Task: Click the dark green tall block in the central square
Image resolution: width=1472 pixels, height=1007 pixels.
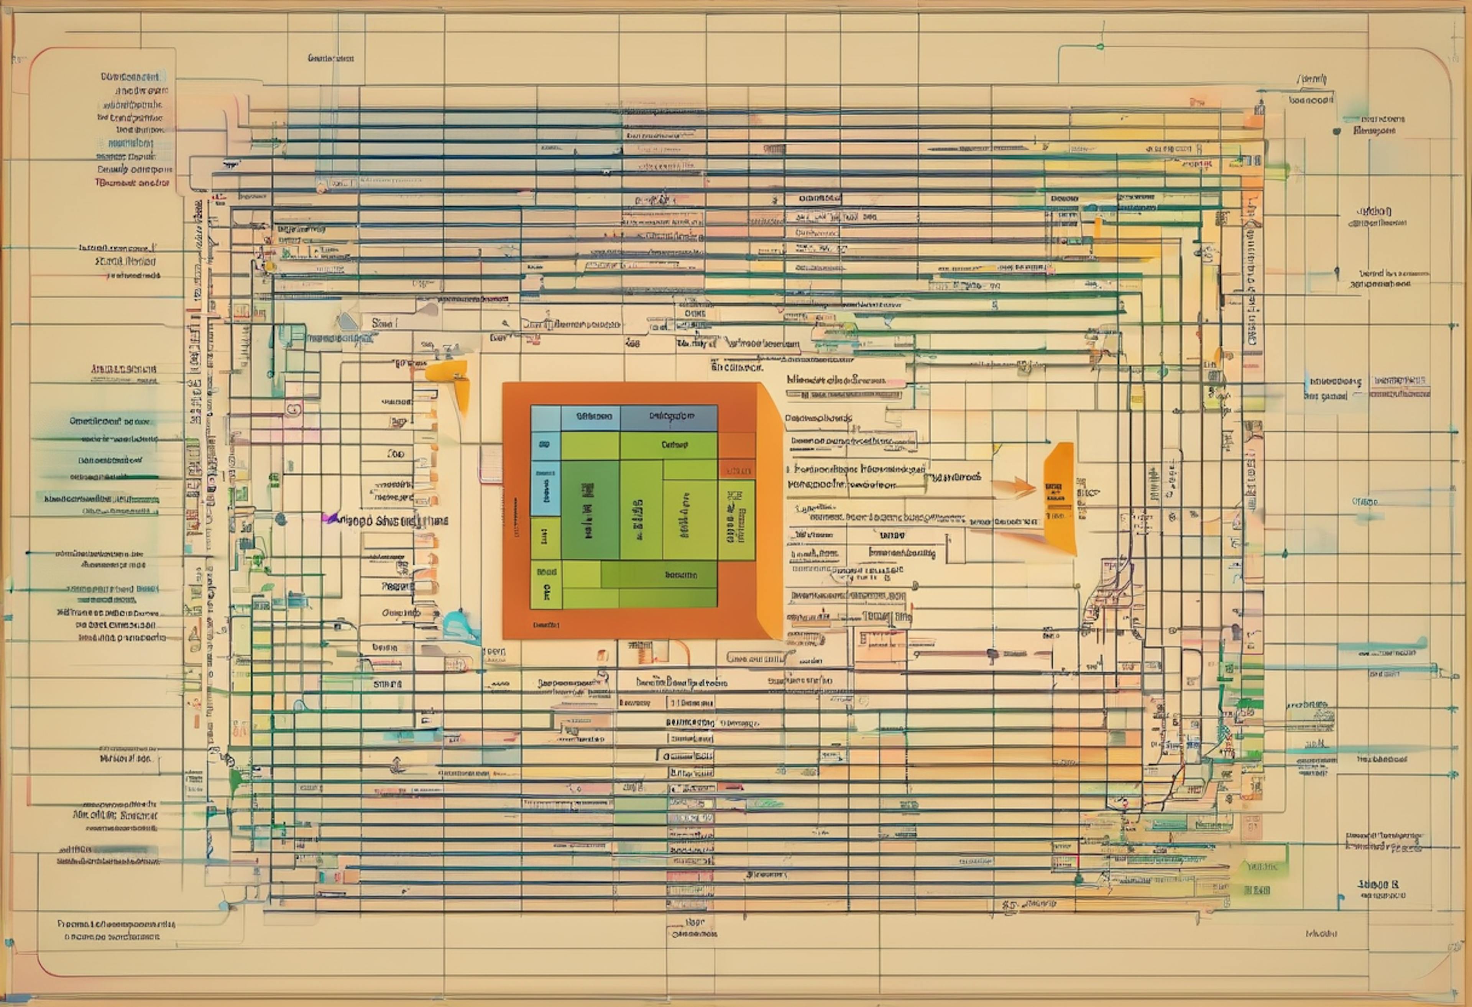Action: (590, 510)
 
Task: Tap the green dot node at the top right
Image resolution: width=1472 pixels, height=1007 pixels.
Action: (1100, 46)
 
